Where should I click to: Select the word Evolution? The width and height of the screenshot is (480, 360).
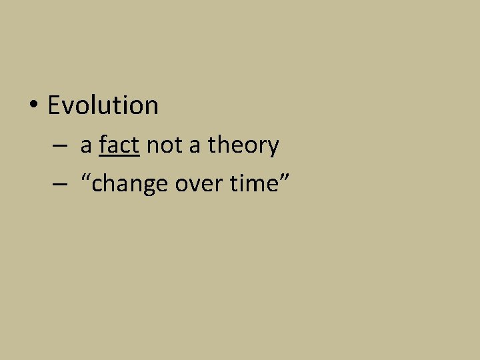(103, 105)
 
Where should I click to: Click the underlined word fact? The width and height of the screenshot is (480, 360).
(119, 145)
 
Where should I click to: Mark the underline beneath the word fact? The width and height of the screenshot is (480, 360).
(119, 155)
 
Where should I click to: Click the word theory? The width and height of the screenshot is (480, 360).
(243, 145)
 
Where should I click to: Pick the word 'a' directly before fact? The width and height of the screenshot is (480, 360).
(86, 147)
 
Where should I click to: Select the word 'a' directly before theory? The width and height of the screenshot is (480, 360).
(194, 147)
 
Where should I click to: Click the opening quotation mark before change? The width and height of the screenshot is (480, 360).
(85, 177)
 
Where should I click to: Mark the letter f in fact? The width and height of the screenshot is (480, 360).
(103, 144)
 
